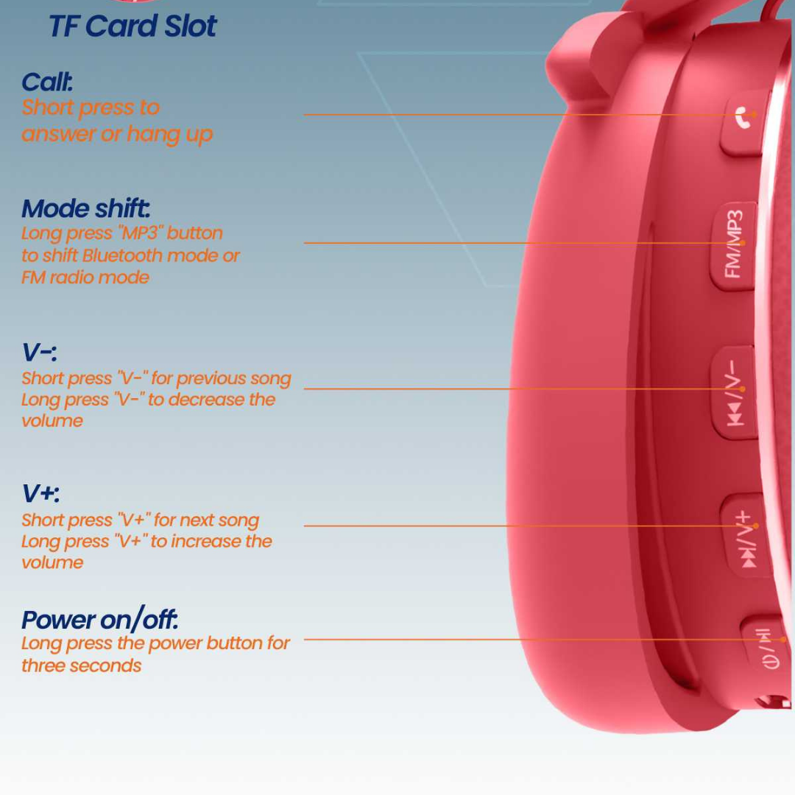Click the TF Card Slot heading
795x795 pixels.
[x=132, y=26]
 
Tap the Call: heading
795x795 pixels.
[x=47, y=82]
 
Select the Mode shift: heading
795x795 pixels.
[x=85, y=208]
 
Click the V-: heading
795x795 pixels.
[x=40, y=352]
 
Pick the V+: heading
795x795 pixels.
[x=40, y=492]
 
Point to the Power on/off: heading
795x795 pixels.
[x=100, y=619]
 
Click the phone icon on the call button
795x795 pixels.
[x=743, y=117]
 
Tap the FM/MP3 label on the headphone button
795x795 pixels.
[x=734, y=244]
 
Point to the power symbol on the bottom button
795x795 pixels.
[x=771, y=662]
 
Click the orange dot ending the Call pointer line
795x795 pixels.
[x=754, y=115]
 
